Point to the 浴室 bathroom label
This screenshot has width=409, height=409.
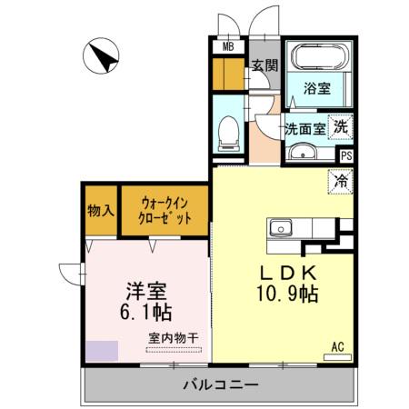click(315, 90)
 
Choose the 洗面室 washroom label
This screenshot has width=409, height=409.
click(305, 128)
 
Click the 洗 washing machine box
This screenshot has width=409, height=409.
click(340, 127)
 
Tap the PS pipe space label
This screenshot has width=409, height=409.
click(345, 155)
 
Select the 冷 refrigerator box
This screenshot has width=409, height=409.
click(338, 181)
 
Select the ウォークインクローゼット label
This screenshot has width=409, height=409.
click(165, 211)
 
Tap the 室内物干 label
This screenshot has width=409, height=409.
click(175, 338)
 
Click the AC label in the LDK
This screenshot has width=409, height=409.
click(336, 344)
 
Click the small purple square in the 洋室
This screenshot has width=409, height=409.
click(101, 352)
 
